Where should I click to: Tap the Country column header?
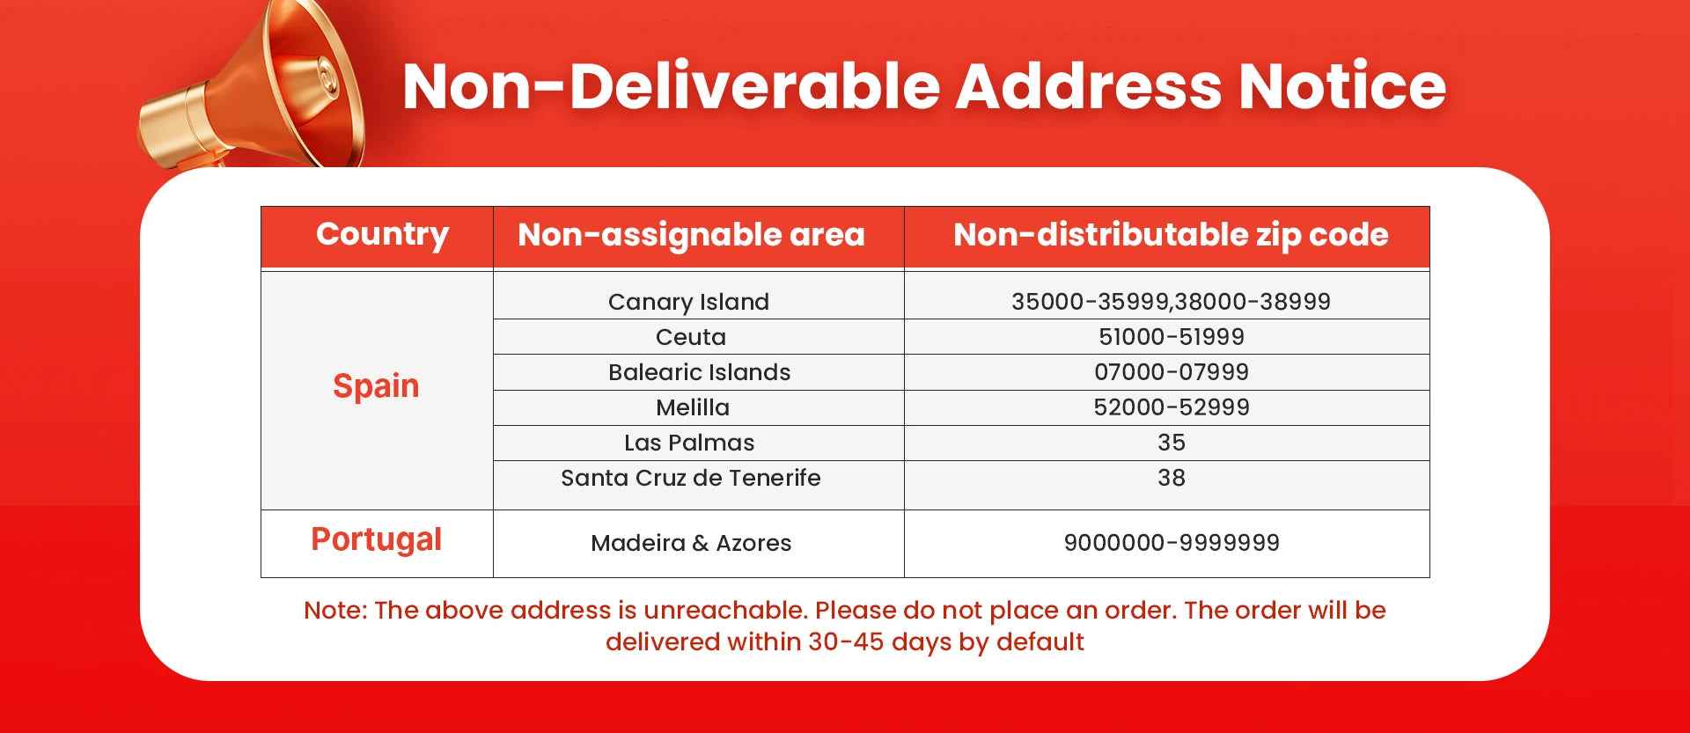[382, 235]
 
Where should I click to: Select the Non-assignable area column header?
[691, 235]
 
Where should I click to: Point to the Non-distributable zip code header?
[1171, 235]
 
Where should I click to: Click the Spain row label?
[376, 386]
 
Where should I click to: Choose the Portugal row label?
[376, 539]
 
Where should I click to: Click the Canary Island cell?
[688, 302]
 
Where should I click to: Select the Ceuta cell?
[691, 337]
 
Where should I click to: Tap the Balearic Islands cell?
[699, 372]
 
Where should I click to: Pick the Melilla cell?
[693, 407]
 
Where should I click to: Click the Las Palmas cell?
[689, 443]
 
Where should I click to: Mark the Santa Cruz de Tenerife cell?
[691, 478]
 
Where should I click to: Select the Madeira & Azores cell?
[691, 543]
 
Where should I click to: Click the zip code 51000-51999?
[1172, 337]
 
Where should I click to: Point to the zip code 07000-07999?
[1172, 372]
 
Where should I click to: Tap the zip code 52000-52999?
[1172, 407]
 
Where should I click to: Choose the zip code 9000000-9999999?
[1172, 543]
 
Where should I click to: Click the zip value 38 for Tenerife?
[1172, 478]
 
